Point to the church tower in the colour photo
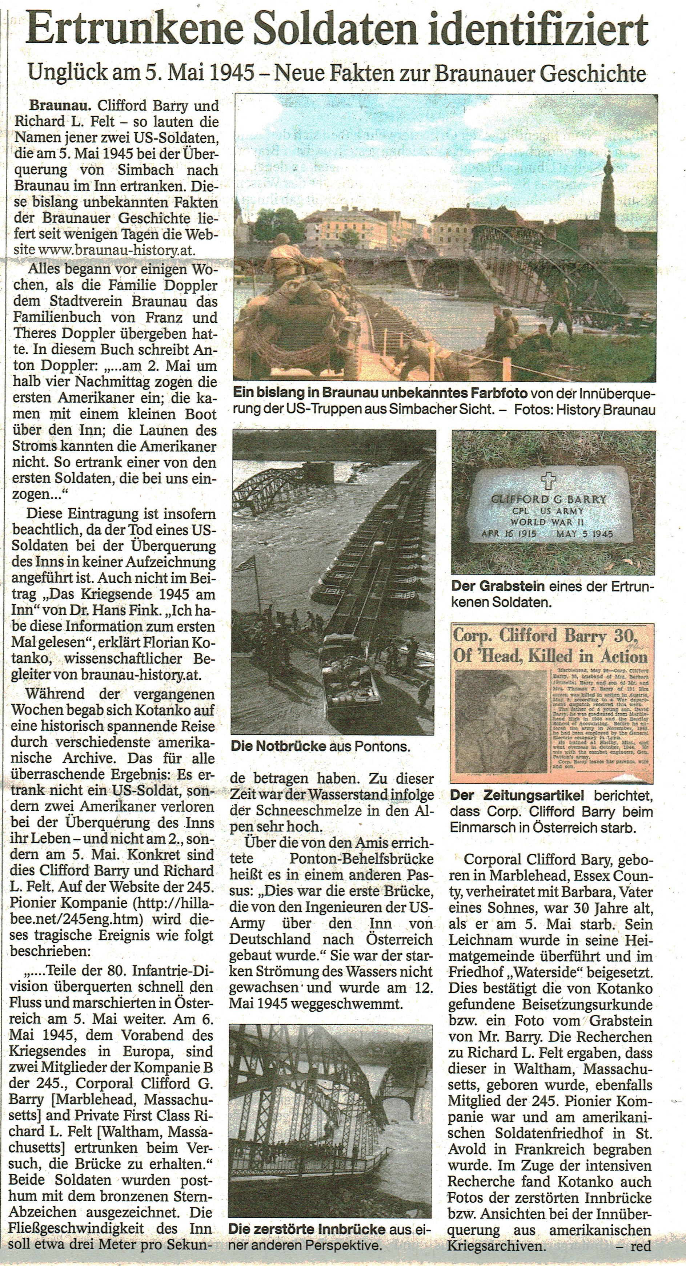pyautogui.click(x=608, y=191)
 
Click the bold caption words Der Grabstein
pyautogui.click(x=497, y=586)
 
